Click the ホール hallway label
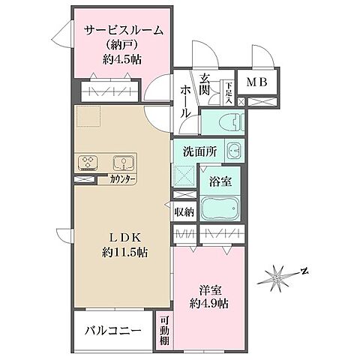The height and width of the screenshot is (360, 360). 185,102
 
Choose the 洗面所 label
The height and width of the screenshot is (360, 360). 200,151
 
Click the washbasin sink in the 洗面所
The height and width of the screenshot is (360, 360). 234,150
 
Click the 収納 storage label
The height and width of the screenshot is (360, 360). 184,211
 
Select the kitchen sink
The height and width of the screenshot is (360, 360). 123,163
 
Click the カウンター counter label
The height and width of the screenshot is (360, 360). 123,181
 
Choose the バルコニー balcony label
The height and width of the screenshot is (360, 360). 112,329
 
